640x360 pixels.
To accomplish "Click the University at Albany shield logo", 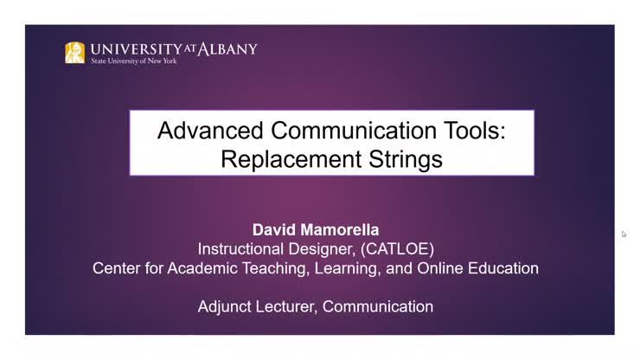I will click(x=74, y=53).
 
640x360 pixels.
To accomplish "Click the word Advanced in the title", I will click(x=210, y=131).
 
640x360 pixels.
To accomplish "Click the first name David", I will click(x=272, y=230).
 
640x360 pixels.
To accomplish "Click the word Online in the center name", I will click(x=440, y=268).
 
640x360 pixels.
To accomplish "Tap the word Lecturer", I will click(x=286, y=306).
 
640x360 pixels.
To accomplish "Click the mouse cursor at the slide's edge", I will click(x=624, y=234).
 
